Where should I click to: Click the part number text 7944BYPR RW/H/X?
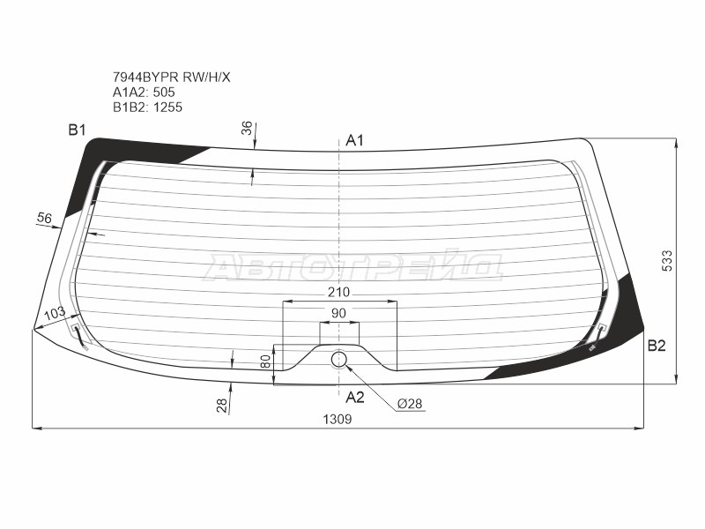[171, 78]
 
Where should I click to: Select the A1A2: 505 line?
[144, 93]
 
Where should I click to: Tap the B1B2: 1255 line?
[147, 107]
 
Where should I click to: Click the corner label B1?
[77, 130]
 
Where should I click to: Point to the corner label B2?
[657, 346]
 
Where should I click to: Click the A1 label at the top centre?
[354, 141]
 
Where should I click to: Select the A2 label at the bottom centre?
[355, 398]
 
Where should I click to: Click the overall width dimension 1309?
[338, 420]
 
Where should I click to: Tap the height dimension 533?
[667, 260]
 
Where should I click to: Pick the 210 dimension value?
[338, 293]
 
